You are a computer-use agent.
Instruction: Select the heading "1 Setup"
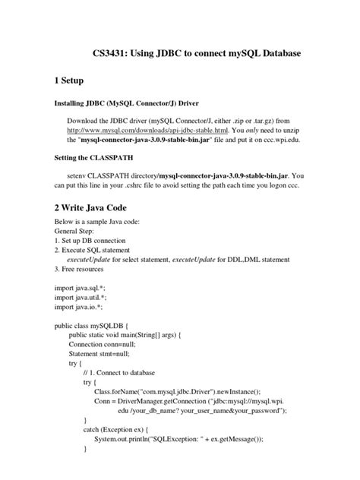point(77,81)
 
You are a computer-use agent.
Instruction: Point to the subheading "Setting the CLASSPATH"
point(97,159)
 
